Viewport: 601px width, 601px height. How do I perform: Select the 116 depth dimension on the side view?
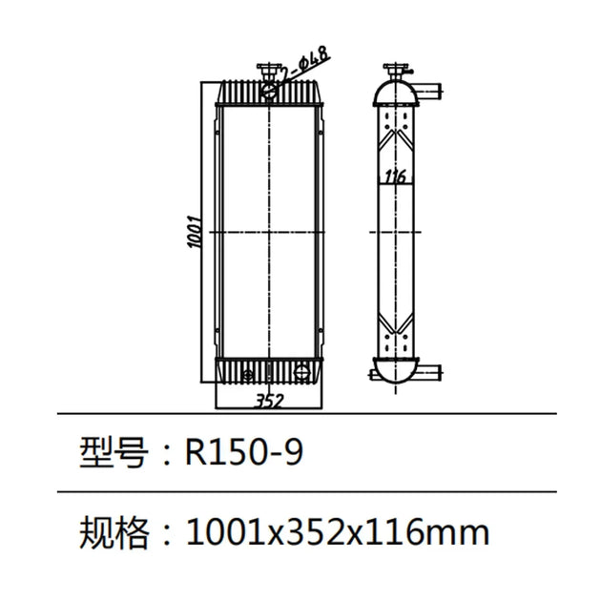[394, 177]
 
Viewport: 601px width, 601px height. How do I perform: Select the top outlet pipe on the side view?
[432, 93]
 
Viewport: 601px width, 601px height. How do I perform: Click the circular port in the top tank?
[271, 92]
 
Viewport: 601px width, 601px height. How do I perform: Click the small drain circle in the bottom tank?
[248, 373]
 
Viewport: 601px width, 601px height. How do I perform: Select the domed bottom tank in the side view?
[394, 370]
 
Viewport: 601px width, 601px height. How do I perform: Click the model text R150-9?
[244, 452]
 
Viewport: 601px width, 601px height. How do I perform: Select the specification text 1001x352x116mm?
[339, 530]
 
